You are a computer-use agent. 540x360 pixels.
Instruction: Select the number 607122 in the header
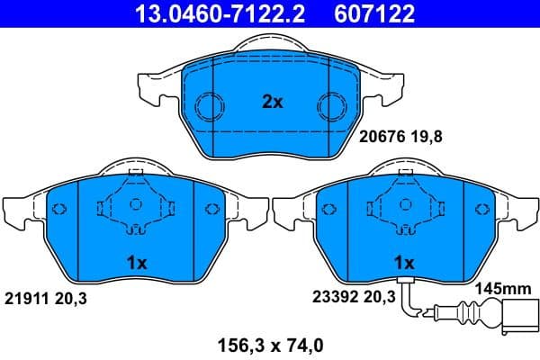pos(364,13)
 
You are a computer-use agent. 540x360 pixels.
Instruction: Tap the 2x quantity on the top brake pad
pos(272,103)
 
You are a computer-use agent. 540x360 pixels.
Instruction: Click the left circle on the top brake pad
pos(209,106)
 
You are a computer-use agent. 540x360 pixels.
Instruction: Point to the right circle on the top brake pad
pos(335,106)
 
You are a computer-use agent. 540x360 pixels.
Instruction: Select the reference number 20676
pos(381,138)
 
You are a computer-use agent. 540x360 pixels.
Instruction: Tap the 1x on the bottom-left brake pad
pos(137,263)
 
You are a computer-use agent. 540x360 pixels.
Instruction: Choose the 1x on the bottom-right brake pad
pos(404,263)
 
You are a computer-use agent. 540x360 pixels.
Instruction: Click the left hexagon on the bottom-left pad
pos(61,210)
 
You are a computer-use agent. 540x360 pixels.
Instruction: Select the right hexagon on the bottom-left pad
pos(212,210)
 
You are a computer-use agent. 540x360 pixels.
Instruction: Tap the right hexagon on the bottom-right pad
pos(480,210)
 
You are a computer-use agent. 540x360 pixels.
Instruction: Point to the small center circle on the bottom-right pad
pos(404,204)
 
